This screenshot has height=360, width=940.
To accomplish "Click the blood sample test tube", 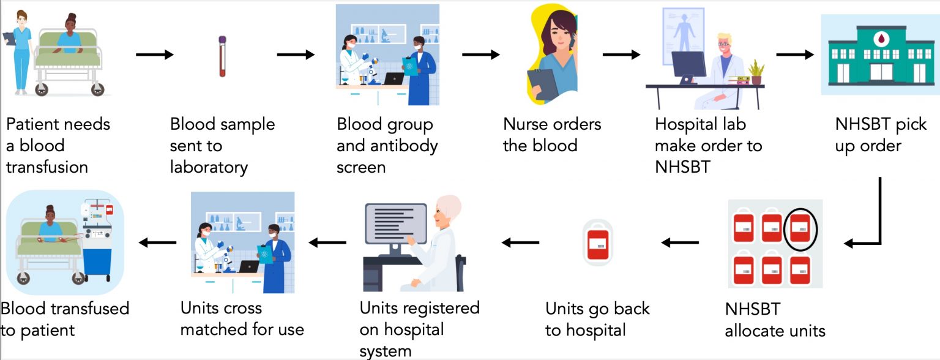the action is click(x=222, y=56).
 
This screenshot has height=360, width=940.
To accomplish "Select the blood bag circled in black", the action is click(x=800, y=228).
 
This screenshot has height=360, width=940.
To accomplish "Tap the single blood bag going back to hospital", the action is click(x=598, y=243).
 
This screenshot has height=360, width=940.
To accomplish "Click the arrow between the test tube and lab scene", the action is click(x=296, y=54).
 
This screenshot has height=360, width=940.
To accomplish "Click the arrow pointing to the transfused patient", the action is click(x=157, y=242).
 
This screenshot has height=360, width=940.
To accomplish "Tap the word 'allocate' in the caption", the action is click(x=754, y=331).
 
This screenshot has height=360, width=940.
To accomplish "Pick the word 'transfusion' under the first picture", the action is click(x=47, y=167).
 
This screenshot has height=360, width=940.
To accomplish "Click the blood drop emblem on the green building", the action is click(x=881, y=39).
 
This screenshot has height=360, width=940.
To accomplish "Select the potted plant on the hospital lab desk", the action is click(x=756, y=72).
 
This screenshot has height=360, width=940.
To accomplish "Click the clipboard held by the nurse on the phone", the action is click(x=543, y=84).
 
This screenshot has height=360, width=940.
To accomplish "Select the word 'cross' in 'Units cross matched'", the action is click(x=242, y=309).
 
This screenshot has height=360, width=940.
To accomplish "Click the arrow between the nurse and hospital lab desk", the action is click(x=622, y=54).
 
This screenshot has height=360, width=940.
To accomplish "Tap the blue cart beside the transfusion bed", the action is click(x=97, y=263).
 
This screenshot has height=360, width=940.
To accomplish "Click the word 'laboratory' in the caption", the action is click(x=209, y=167).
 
